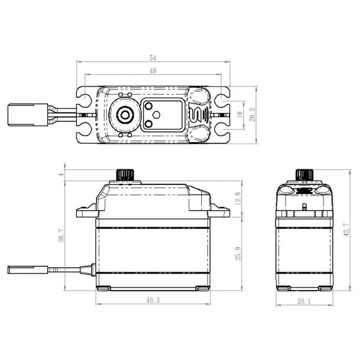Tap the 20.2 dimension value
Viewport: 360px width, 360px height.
(x=252, y=114)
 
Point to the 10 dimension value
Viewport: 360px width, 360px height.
(x=239, y=115)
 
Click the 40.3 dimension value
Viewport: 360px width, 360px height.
(x=153, y=299)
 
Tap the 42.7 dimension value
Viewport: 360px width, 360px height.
(x=345, y=230)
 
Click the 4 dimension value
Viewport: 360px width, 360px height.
(x=60, y=175)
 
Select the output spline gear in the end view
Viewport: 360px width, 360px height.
(x=304, y=175)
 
